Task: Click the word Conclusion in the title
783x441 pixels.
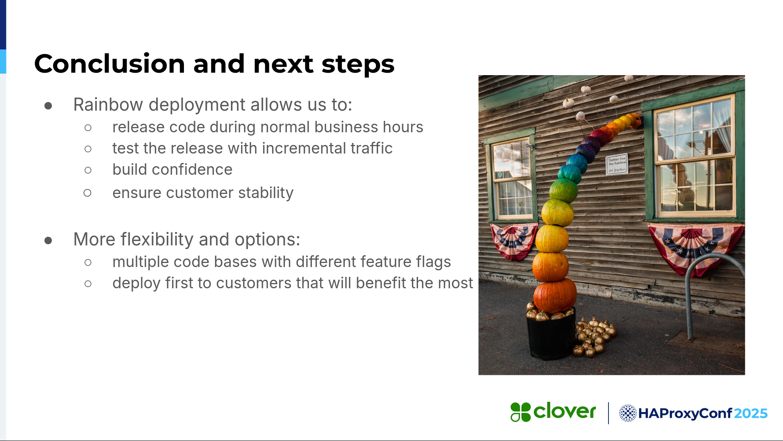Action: click(x=110, y=64)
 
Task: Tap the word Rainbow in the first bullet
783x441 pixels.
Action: click(x=108, y=105)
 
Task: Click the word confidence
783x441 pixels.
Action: click(x=192, y=169)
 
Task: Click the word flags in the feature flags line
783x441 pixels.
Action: click(x=433, y=262)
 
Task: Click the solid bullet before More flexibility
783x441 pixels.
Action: click(x=48, y=241)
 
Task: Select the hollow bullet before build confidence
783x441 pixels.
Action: click(x=88, y=170)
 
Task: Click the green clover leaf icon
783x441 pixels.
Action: click(x=520, y=412)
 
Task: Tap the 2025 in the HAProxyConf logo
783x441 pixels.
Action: click(x=751, y=414)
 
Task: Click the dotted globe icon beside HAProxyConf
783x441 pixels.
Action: click(x=628, y=413)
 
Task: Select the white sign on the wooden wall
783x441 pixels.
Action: click(x=617, y=164)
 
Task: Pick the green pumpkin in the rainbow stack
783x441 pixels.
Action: click(x=564, y=190)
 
